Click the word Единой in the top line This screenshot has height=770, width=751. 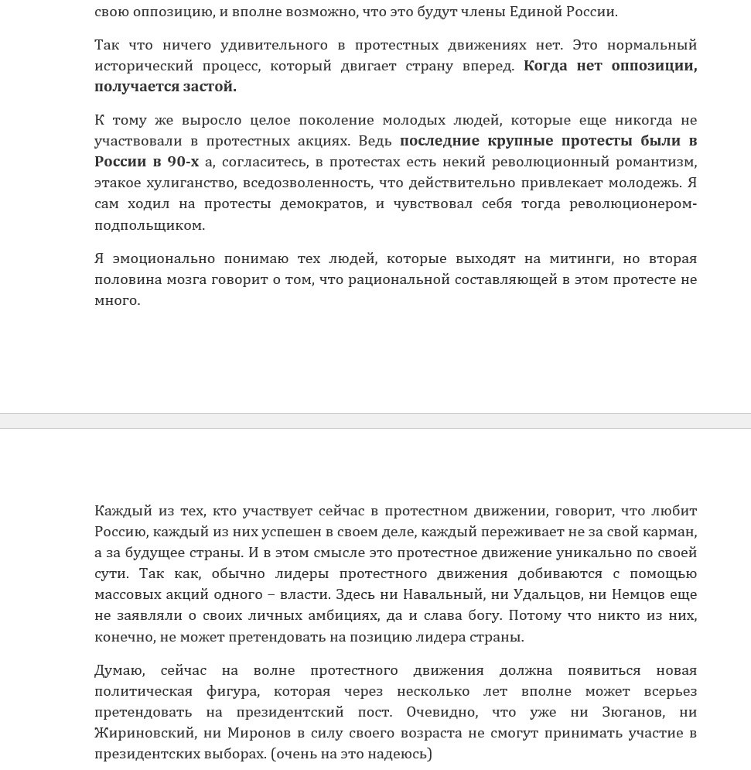click(x=536, y=12)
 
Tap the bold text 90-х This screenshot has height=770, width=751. click(x=183, y=162)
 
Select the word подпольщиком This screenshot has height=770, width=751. click(x=149, y=226)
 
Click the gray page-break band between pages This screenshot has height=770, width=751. click(x=375, y=421)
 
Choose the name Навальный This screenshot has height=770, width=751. click(x=440, y=595)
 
